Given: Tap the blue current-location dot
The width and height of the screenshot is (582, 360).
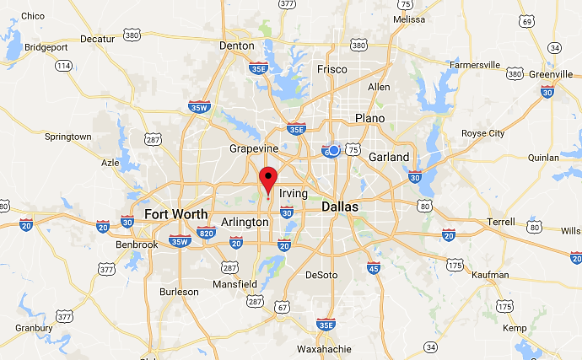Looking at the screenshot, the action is tap(334, 150).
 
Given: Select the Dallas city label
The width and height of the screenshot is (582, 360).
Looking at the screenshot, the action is tap(340, 207).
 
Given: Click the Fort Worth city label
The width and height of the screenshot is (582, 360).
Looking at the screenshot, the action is tap(175, 214).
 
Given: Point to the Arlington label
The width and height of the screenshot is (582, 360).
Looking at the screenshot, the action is tap(245, 222).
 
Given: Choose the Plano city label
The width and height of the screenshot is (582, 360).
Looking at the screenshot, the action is tap(369, 118).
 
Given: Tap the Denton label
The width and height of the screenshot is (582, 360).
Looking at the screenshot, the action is tap(236, 46).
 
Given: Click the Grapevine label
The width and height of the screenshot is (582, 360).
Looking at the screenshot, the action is tap(254, 148).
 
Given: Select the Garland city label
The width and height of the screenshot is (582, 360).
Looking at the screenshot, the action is tap(389, 157).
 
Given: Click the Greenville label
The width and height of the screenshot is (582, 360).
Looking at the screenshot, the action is tap(551, 74).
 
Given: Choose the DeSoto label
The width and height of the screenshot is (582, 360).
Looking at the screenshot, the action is tap(321, 275).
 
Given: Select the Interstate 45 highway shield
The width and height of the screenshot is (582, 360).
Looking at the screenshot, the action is tap(374, 267).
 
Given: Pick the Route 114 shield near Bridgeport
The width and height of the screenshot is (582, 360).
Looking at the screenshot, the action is tap(62, 65).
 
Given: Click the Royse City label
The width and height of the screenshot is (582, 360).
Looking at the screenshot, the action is tap(483, 133).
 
